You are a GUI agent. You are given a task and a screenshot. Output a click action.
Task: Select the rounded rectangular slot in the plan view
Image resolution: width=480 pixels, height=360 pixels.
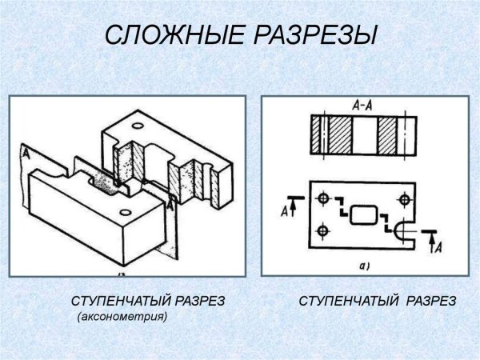[364, 214]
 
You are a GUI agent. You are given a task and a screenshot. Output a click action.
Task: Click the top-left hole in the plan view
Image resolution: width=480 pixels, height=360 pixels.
[322, 197]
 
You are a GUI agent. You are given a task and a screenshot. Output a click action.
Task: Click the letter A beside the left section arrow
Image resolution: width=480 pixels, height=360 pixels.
[286, 212]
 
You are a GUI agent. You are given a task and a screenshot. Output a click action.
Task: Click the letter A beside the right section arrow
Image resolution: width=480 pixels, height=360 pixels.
[438, 248]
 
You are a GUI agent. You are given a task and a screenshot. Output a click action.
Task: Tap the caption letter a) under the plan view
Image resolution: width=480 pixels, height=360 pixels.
[365, 265]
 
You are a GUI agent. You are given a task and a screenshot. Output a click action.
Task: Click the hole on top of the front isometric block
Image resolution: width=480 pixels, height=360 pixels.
[124, 212]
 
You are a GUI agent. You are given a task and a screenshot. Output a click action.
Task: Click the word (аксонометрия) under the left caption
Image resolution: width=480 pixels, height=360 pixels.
[122, 318]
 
